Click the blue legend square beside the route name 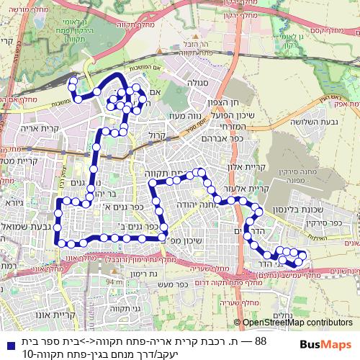8,341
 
